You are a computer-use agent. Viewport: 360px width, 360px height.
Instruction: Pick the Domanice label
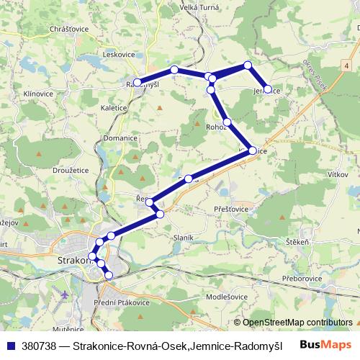[120, 138]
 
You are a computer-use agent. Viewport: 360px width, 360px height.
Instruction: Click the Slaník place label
[182, 238]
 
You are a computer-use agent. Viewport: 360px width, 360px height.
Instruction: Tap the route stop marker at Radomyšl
[138, 82]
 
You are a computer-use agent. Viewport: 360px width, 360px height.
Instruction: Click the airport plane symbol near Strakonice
[66, 295]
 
